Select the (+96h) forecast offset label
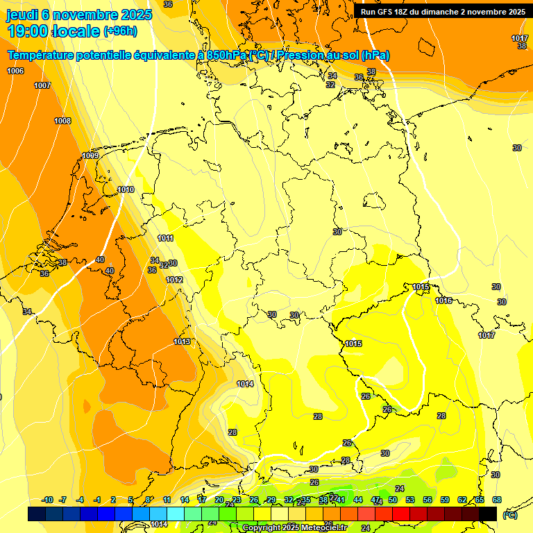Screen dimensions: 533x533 [x=120, y=31]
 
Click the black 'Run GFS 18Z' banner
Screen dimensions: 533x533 [x=443, y=12]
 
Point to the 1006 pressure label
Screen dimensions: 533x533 [x=15, y=71]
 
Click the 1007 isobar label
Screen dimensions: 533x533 [x=42, y=85]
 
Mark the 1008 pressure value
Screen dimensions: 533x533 [x=62, y=121]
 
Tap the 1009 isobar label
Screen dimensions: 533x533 [x=90, y=155]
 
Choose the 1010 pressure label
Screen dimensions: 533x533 [x=126, y=189]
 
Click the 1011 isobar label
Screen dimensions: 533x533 [x=165, y=238]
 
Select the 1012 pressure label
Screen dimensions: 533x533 [x=174, y=280]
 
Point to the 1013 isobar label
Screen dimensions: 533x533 [x=182, y=341]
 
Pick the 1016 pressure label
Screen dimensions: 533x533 [x=443, y=301]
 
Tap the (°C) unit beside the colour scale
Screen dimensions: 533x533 [x=510, y=515]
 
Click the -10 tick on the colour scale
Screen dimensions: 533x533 [x=47, y=500]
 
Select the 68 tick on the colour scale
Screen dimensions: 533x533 [x=497, y=500]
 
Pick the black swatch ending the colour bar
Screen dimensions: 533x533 [x=488, y=514]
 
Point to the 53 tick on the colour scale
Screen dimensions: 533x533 [x=410, y=500]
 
